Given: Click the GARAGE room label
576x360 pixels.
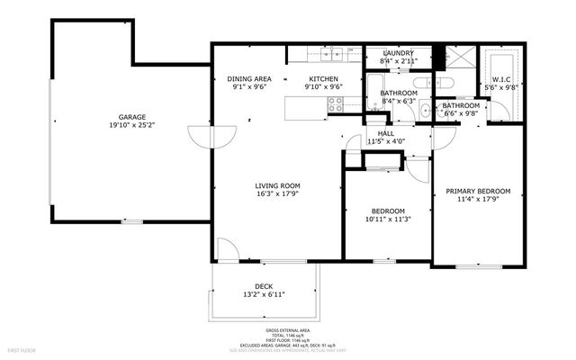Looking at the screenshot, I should pos(132,117).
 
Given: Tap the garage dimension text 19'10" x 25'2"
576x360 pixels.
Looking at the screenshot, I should pos(132,126).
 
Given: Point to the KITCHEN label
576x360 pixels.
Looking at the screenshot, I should pos(323,79).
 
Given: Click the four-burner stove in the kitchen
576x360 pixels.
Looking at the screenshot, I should pos(336,105).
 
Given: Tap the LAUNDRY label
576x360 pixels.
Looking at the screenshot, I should pos(397,54).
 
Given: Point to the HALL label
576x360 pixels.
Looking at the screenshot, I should pos(385,133).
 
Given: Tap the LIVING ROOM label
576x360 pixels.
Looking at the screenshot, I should pos(277,184).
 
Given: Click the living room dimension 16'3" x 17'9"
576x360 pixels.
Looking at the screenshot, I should pos(277,193).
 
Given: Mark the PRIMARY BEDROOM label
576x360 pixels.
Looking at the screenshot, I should pos(478,191).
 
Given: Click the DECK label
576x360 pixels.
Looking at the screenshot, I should pos(264,285).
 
